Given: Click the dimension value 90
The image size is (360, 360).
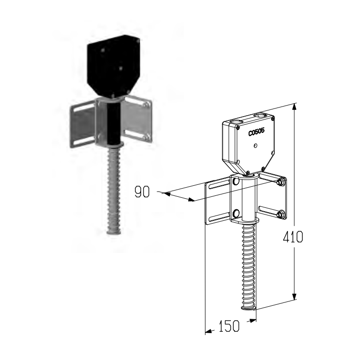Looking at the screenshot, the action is [x=142, y=192].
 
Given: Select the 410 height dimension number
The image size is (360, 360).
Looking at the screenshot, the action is [x=293, y=237].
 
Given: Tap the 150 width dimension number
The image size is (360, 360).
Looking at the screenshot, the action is [x=228, y=326].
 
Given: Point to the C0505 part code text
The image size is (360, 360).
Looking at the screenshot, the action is [x=256, y=132].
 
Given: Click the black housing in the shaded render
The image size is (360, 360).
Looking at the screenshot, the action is [x=113, y=67].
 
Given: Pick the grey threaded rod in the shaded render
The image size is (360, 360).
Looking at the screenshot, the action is [x=114, y=191].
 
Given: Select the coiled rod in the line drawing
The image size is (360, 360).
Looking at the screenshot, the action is [x=249, y=266].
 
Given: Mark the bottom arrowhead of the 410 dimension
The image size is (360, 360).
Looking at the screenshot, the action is [x=295, y=297].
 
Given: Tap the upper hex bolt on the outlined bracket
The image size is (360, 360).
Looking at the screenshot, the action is [x=280, y=182].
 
